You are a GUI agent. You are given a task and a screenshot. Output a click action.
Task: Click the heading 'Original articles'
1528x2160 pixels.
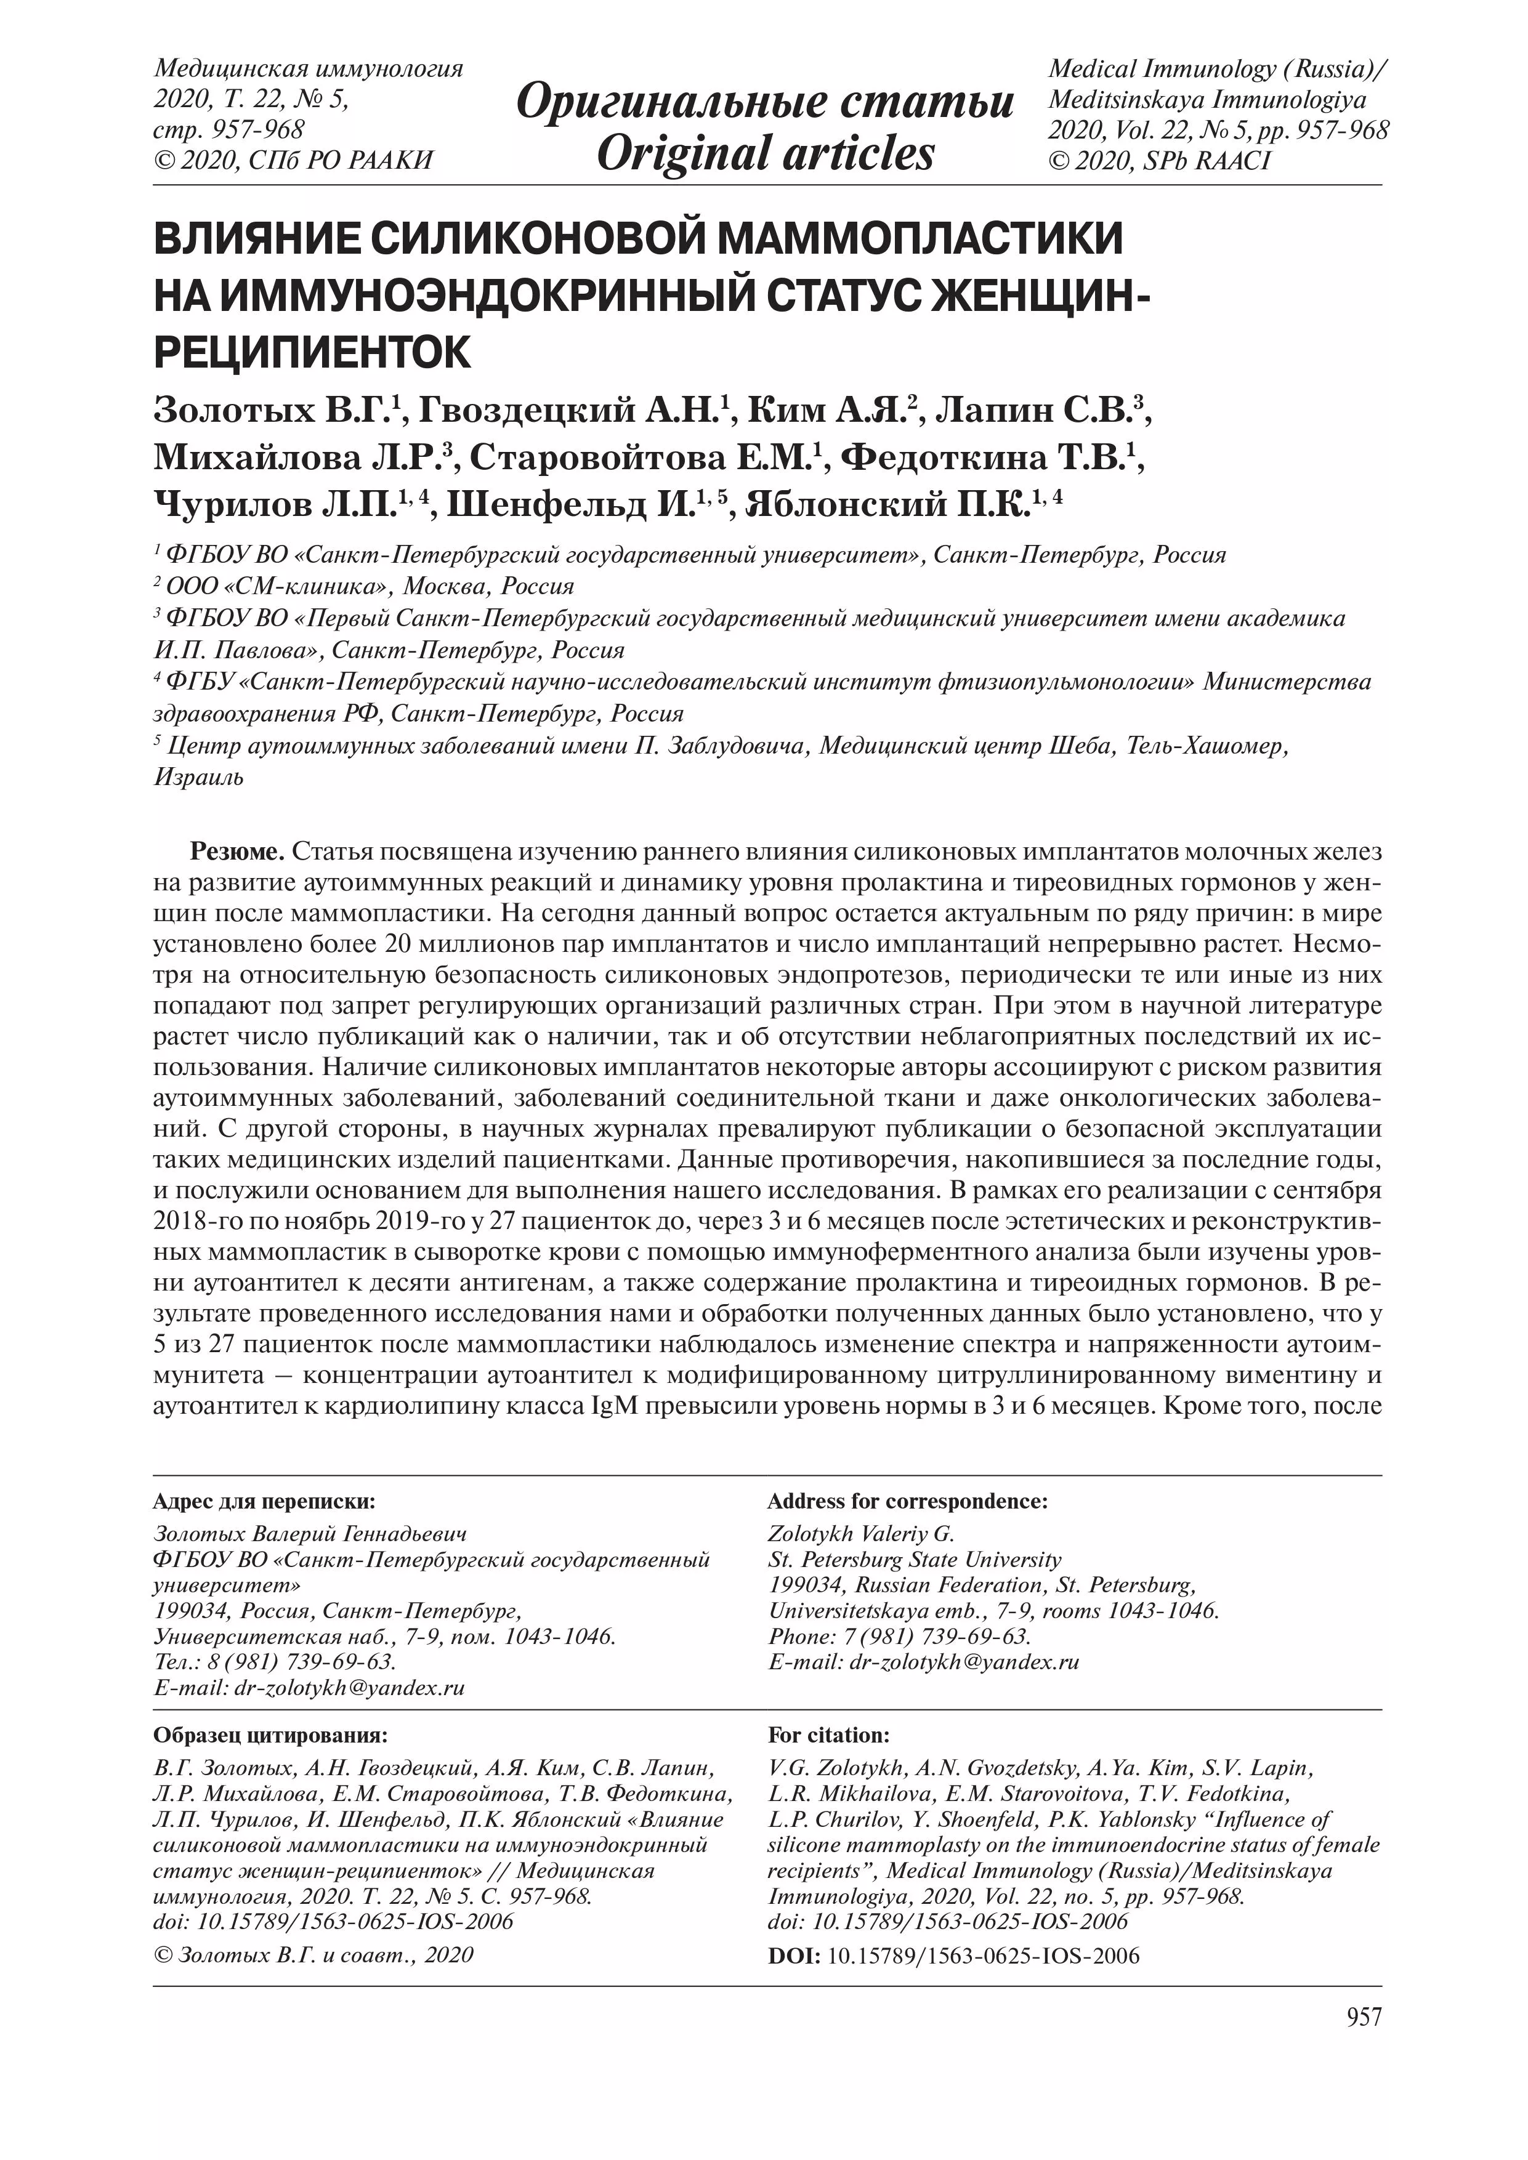[765, 153]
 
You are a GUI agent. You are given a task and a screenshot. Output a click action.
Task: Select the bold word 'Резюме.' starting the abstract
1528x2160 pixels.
[238, 852]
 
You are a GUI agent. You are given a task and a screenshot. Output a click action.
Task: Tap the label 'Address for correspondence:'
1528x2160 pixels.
[907, 1501]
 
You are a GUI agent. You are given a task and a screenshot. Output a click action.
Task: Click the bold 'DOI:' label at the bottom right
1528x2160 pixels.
[794, 1957]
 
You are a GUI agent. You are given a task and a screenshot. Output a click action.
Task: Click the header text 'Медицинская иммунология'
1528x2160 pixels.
[309, 70]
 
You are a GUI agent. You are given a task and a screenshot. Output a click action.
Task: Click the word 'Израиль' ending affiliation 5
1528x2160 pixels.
[198, 778]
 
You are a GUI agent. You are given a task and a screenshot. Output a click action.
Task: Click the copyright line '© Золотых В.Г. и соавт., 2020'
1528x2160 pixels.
[313, 1955]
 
